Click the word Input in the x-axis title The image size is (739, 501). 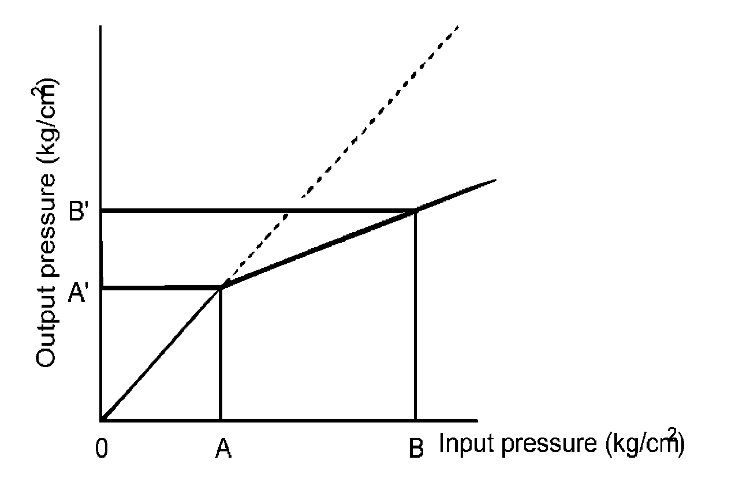tap(462, 444)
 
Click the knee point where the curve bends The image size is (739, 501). tap(221, 287)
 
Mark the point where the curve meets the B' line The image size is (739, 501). tap(415, 211)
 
